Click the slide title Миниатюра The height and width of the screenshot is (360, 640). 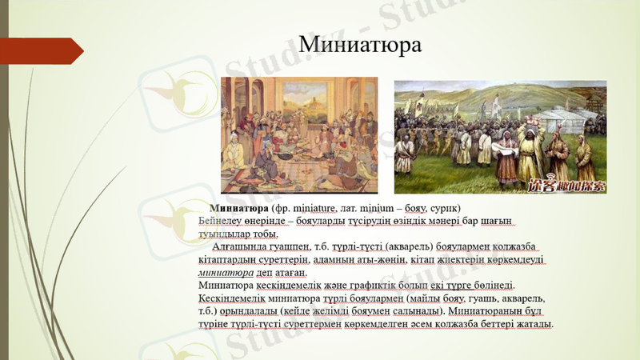pos(359,44)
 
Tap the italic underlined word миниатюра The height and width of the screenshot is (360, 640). pos(223,273)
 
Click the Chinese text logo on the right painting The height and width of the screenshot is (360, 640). pos(569,185)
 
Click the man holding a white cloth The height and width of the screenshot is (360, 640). pos(506,150)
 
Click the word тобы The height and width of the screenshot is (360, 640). pos(263,234)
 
